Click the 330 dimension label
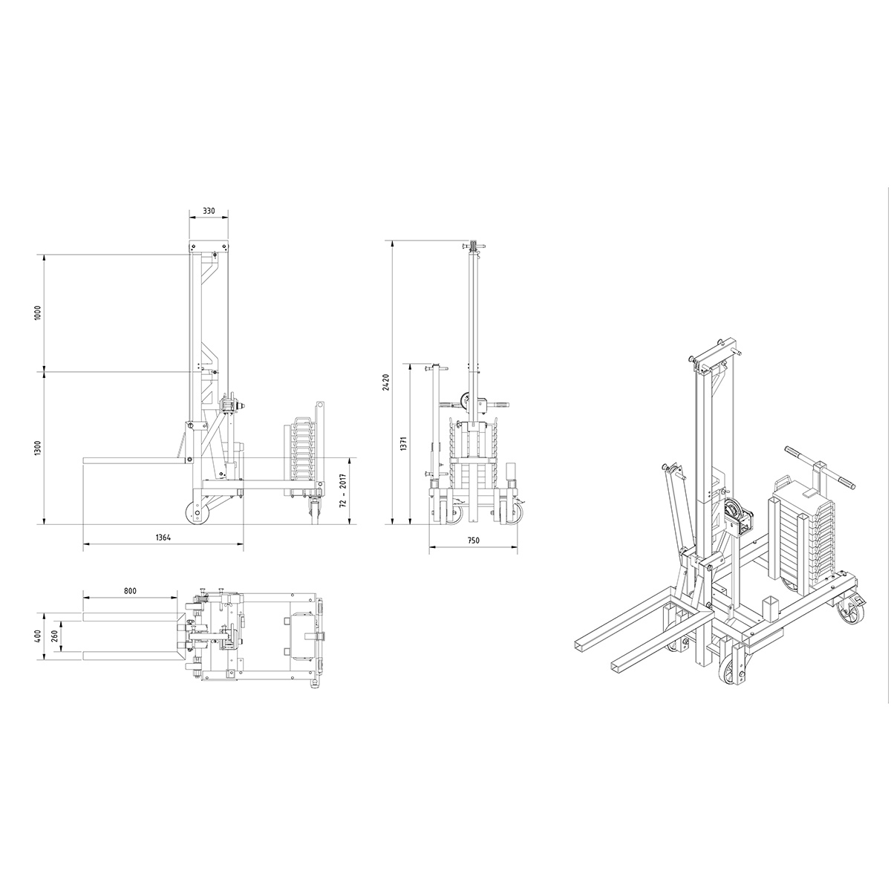tap(209, 211)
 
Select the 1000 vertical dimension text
tap(39, 313)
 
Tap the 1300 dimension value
tap(39, 448)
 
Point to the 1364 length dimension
tap(163, 538)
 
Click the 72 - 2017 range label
tap(342, 491)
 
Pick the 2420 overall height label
tap(386, 382)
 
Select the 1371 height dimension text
tap(404, 443)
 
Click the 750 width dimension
tap(474, 540)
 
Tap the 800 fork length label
tap(131, 591)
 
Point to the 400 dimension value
tap(39, 636)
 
